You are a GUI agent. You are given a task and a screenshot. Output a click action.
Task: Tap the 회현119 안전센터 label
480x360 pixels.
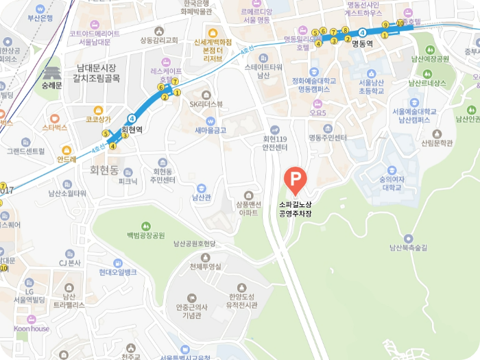click(274, 143)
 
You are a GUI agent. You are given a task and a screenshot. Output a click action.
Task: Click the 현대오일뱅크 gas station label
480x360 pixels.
click(117, 272)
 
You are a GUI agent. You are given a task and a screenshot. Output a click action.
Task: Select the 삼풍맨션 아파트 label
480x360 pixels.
click(248, 208)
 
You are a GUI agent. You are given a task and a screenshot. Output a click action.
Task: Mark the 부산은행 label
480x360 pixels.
click(40, 18)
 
